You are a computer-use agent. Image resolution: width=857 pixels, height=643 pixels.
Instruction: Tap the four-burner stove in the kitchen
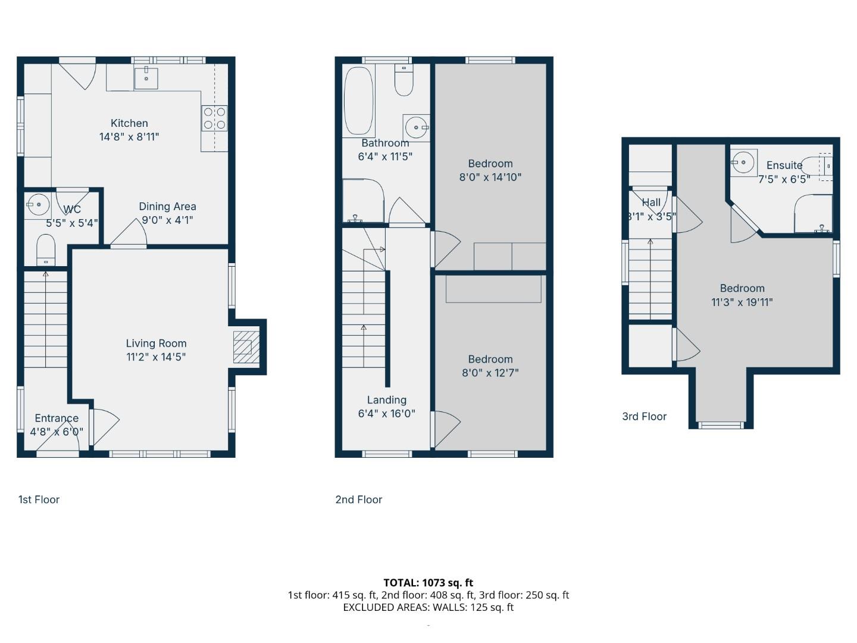click(214, 118)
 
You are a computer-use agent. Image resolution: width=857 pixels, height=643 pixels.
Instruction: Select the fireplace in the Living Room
click(246, 347)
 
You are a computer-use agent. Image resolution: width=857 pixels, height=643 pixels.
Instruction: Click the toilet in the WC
click(46, 250)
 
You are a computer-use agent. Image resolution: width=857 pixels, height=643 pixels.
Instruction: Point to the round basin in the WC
click(38, 204)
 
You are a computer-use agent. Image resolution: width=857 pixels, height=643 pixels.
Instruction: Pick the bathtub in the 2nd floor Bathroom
click(358, 101)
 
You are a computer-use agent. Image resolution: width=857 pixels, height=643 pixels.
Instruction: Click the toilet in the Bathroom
click(404, 80)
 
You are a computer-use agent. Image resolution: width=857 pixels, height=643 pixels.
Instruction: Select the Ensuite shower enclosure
click(814, 213)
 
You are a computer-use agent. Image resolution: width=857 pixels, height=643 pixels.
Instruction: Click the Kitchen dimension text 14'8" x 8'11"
click(129, 137)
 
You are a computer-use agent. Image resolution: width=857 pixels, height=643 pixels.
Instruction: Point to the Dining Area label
click(167, 206)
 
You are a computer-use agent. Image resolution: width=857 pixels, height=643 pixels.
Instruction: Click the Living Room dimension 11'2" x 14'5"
click(156, 357)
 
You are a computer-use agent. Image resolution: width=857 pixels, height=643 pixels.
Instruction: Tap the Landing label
click(386, 399)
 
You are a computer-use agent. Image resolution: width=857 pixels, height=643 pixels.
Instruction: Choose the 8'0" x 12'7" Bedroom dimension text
click(490, 373)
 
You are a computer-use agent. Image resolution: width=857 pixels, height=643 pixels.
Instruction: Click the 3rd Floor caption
click(644, 417)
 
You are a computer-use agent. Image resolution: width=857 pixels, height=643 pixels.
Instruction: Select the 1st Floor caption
click(39, 500)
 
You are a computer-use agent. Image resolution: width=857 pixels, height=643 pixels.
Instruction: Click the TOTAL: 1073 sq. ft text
click(428, 583)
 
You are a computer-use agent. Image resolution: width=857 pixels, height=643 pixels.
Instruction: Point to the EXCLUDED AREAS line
click(428, 607)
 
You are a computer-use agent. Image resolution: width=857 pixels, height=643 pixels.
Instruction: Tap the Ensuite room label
click(784, 165)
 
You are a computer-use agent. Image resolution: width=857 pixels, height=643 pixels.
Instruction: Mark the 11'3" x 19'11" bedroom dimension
click(742, 302)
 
